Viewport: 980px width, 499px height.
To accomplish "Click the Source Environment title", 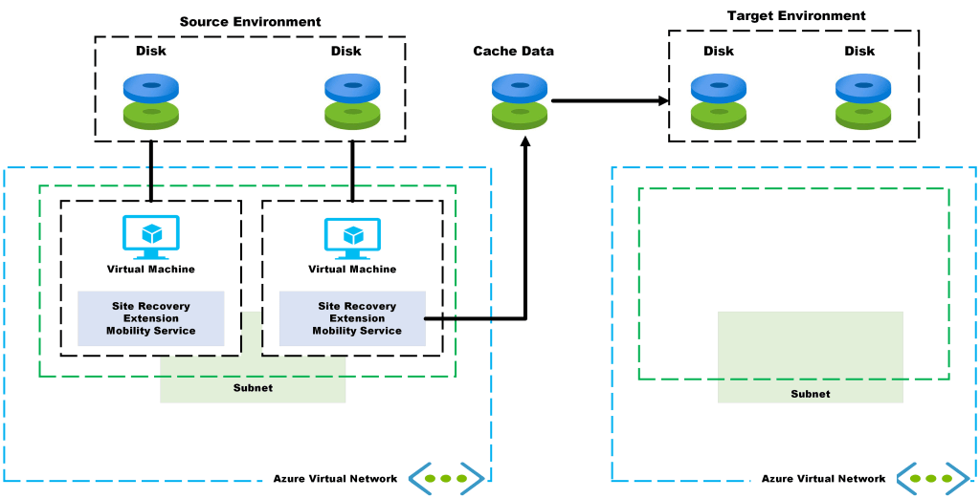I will pos(251,21).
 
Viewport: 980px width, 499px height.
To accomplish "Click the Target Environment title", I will pos(796,16).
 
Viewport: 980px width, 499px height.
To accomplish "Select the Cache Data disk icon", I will pos(520,101).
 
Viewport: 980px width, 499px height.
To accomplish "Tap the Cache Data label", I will pos(513,51).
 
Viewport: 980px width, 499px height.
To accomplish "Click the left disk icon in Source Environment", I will pos(151,101).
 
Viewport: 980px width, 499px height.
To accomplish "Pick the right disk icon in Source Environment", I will pos(352,101).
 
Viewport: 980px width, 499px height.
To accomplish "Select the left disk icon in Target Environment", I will pos(719,101).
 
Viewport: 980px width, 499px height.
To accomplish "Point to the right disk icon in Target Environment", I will pos(863,101).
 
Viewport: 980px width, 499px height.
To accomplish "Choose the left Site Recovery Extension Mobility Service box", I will pos(151,318).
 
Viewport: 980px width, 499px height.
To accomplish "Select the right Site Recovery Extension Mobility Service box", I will pos(352,318).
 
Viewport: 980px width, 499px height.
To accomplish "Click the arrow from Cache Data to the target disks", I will pos(609,99).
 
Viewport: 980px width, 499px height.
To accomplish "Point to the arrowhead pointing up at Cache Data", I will pos(525,143).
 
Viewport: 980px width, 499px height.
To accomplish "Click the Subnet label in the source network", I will pos(253,388).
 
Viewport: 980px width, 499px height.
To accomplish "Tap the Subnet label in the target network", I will pos(810,394).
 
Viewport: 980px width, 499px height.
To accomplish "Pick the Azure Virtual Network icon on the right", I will pos(933,478).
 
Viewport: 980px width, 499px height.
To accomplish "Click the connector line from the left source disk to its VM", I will pos(151,170).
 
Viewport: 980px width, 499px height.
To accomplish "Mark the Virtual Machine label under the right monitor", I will pos(352,270).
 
